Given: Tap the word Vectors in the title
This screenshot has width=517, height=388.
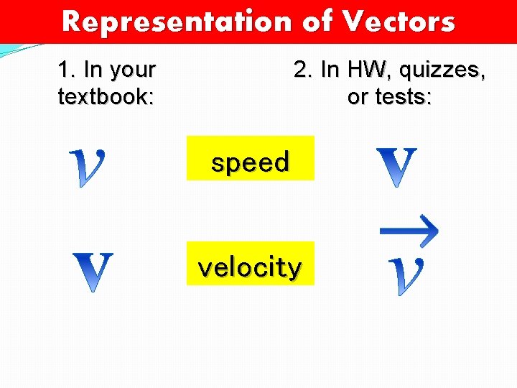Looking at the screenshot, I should [399, 22].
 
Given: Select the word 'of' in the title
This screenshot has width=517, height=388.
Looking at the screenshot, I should [317, 22].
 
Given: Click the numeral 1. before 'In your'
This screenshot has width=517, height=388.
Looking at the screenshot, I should [67, 70].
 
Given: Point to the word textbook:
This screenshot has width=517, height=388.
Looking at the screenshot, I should [106, 96].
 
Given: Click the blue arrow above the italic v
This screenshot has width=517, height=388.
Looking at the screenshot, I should [409, 231].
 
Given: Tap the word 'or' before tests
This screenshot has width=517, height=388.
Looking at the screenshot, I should [356, 96].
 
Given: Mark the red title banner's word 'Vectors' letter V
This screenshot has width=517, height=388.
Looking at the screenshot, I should [353, 22].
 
